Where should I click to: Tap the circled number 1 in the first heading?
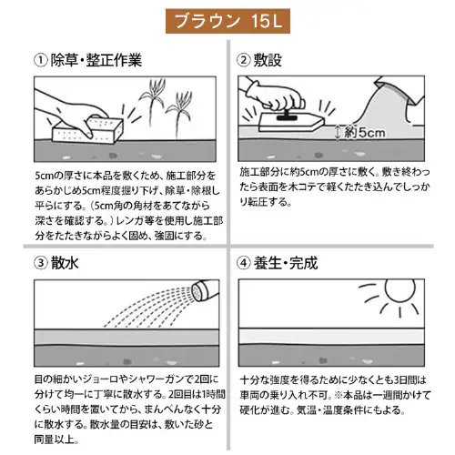pos(40,61)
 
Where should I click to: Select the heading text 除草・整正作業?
pos(96,61)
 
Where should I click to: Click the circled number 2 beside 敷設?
pos(244,61)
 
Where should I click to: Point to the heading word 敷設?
pos(271,61)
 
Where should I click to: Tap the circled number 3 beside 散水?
pos(40,265)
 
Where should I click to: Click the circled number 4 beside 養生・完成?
pos(244,265)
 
